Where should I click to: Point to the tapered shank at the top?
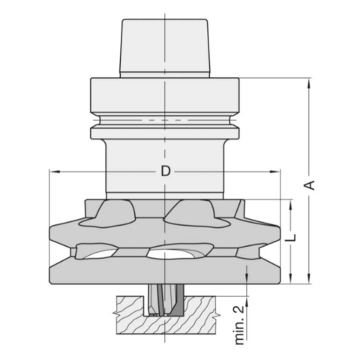point(164,45)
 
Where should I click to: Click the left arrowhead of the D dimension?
point(52,172)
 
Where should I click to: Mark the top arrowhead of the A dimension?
point(307,82)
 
